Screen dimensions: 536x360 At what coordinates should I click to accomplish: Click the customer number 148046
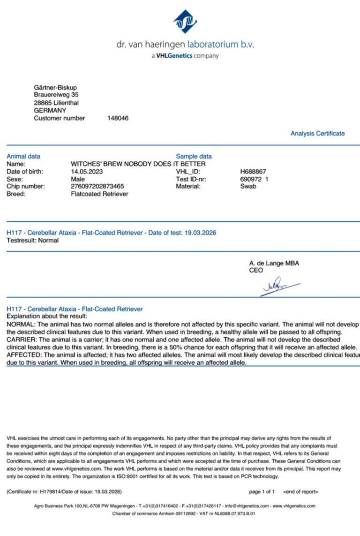tap(118, 118)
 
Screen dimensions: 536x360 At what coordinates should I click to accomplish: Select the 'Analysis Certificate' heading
tap(317, 134)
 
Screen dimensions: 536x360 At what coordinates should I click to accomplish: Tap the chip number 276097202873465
tap(97, 186)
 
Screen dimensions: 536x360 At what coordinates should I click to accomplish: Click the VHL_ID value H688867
tap(253, 171)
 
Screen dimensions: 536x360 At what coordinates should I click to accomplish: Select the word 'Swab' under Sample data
tap(248, 186)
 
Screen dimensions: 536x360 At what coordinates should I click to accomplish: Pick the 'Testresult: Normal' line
tap(33, 240)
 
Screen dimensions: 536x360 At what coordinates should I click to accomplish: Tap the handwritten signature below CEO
tap(279, 286)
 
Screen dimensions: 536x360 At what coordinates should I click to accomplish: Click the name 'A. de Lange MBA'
tap(274, 263)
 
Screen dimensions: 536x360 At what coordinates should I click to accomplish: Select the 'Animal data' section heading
tap(23, 156)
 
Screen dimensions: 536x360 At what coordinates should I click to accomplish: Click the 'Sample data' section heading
tap(194, 156)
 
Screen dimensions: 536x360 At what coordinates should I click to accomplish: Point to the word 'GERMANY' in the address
tap(50, 110)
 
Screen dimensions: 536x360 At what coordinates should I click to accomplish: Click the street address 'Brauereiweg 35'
tap(56, 95)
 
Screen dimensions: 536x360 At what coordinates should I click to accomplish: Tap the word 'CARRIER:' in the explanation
tap(22, 339)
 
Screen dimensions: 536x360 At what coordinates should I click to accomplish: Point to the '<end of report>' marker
tap(300, 491)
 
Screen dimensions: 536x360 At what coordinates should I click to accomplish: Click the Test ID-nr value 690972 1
tap(254, 179)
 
